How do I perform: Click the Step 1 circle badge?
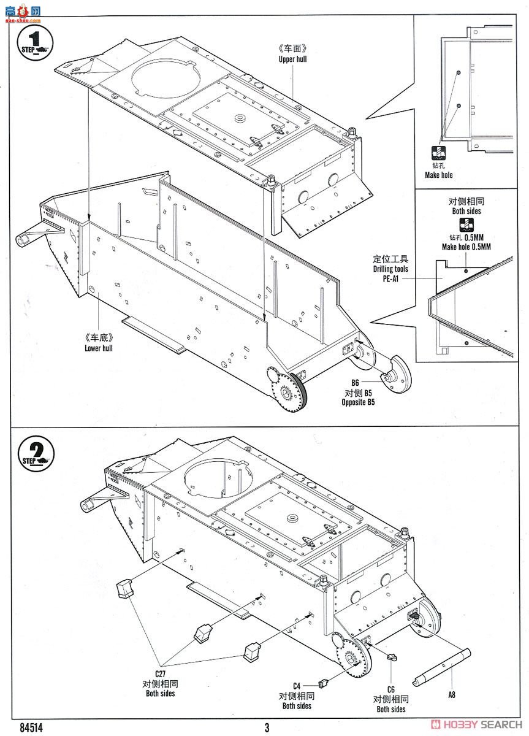pyautogui.click(x=36, y=42)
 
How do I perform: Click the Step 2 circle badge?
pyautogui.click(x=36, y=453)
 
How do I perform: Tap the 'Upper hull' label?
pyautogui.click(x=292, y=59)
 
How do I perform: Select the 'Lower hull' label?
pyautogui.click(x=99, y=348)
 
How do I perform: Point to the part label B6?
pyautogui.click(x=354, y=383)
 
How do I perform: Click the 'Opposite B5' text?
pyautogui.click(x=358, y=402)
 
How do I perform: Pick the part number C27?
pyautogui.click(x=160, y=673)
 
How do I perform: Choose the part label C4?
pyautogui.click(x=297, y=686)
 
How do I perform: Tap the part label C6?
pyautogui.click(x=391, y=689)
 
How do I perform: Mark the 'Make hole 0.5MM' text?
pyautogui.click(x=466, y=247)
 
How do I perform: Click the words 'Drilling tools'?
pyautogui.click(x=390, y=269)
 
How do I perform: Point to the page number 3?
pyautogui.click(x=267, y=728)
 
